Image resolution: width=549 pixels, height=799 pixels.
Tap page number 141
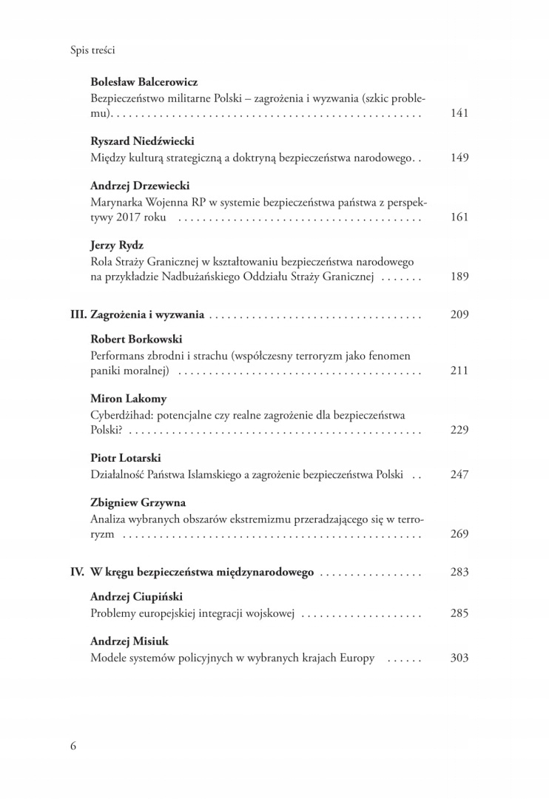[459, 113]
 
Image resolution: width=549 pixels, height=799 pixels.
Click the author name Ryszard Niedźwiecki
[142, 141]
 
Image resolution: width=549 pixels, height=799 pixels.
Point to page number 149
[459, 158]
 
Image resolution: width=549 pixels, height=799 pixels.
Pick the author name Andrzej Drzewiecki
[140, 186]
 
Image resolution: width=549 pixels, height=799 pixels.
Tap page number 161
[459, 218]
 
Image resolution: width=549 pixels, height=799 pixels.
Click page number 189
[459, 277]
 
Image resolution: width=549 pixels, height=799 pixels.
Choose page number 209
[459, 314]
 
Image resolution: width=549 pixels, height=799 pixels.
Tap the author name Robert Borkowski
[136, 339]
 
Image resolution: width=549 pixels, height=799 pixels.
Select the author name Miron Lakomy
[127, 399]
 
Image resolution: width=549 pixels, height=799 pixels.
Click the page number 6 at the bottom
[73, 745]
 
